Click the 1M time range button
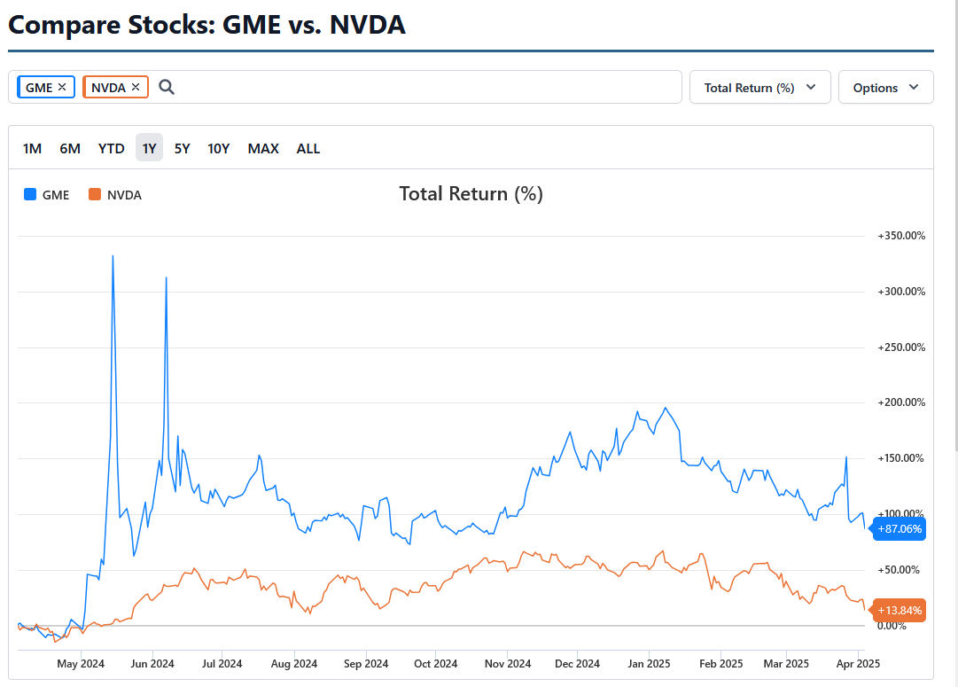[32, 148]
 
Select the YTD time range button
[111, 148]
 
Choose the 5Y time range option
[182, 148]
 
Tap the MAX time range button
[263, 148]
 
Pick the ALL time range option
[308, 148]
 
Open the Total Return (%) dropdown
[759, 88]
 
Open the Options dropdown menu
[885, 88]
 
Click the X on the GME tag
[62, 87]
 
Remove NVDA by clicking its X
[136, 87]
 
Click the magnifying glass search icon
[167, 87]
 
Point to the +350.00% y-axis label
[901, 236]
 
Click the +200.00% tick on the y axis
[901, 402]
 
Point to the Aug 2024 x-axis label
[293, 663]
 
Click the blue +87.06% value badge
[900, 529]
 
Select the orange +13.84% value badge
[900, 610]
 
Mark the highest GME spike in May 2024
[113, 256]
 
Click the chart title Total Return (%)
[471, 193]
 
